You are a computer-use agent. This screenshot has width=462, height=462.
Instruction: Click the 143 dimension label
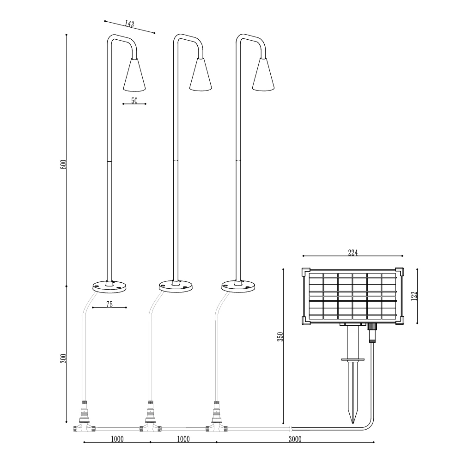[129, 24]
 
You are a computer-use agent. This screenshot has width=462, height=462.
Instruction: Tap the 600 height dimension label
[63, 164]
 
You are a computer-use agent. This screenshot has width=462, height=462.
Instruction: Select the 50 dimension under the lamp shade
[134, 100]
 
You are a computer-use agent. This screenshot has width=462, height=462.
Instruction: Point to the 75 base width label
[109, 304]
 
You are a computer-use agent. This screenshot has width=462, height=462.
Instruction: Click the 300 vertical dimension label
[63, 358]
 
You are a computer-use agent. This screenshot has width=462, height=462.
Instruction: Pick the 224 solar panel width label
[353, 253]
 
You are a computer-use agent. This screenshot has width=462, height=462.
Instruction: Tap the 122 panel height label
[414, 296]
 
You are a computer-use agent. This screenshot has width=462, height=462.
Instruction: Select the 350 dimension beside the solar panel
[280, 336]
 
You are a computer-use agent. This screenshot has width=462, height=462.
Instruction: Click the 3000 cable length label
[295, 439]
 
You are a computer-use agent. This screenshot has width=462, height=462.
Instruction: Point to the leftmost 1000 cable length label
[117, 439]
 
